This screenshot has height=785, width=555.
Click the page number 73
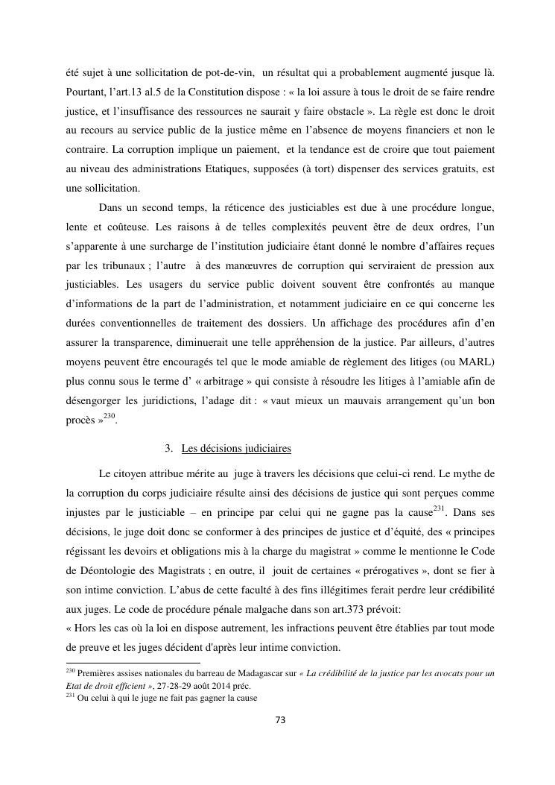pos(281,720)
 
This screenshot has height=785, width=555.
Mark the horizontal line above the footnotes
pos(133,662)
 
